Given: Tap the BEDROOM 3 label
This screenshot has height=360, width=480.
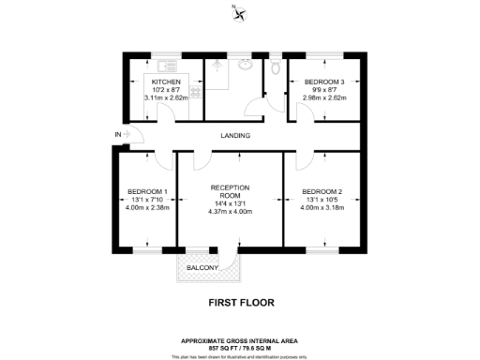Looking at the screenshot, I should pyautogui.click(x=324, y=82).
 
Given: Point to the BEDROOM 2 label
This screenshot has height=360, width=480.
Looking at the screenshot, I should pyautogui.click(x=322, y=192).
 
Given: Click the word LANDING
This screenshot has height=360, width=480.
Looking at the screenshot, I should pyautogui.click(x=234, y=136).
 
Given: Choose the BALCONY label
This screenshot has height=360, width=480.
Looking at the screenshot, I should pyautogui.click(x=202, y=269).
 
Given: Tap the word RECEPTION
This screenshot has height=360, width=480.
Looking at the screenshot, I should pyautogui.click(x=230, y=187).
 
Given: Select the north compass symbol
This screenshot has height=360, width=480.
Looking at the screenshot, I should pyautogui.click(x=241, y=12).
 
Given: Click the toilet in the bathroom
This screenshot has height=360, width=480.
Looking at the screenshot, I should pyautogui.click(x=275, y=67).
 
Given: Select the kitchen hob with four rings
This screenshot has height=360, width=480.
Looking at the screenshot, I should pyautogui.click(x=195, y=92).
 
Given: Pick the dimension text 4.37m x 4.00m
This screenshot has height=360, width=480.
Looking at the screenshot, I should pyautogui.click(x=230, y=211).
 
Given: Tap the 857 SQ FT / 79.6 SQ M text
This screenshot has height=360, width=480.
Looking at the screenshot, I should pyautogui.click(x=240, y=347).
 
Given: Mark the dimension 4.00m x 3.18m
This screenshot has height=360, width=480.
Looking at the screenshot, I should pyautogui.click(x=322, y=208).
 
